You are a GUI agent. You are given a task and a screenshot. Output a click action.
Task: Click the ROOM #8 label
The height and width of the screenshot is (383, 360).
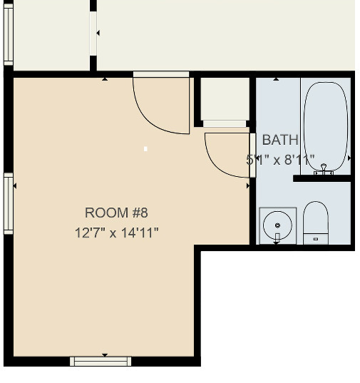pyautogui.click(x=116, y=213)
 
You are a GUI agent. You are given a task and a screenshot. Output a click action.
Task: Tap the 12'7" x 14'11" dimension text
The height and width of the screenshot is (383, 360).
pyautogui.click(x=116, y=233)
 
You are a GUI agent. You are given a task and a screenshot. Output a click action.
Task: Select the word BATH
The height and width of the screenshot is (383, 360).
pyautogui.click(x=280, y=140)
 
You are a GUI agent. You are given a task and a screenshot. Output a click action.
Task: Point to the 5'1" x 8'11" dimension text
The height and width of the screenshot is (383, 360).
pyautogui.click(x=280, y=160)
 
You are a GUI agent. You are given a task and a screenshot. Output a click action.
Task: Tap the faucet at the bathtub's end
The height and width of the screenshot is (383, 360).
pyautogui.click(x=324, y=168)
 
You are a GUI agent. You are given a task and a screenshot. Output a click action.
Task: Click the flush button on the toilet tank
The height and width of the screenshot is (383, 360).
pyautogui.click(x=315, y=240)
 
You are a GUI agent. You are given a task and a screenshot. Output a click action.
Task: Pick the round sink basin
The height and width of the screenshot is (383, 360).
pyautogui.click(x=277, y=226)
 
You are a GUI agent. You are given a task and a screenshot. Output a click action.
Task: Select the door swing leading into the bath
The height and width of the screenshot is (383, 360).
pyautogui.click(x=227, y=153)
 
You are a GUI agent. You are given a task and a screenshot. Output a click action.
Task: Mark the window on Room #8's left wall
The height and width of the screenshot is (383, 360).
pyautogui.click(x=9, y=204)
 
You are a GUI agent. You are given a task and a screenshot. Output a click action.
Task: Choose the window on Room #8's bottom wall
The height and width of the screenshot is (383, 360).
pyautogui.click(x=101, y=361)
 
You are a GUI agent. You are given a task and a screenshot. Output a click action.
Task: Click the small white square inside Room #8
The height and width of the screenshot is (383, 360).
pyautogui.click(x=145, y=149)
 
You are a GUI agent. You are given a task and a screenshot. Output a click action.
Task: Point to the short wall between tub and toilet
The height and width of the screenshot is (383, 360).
pyautogui.click(x=322, y=178)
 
